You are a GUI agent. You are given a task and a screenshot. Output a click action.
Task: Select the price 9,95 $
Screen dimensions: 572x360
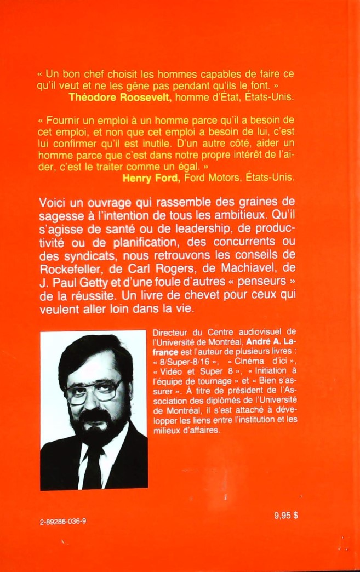pos(289,516)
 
